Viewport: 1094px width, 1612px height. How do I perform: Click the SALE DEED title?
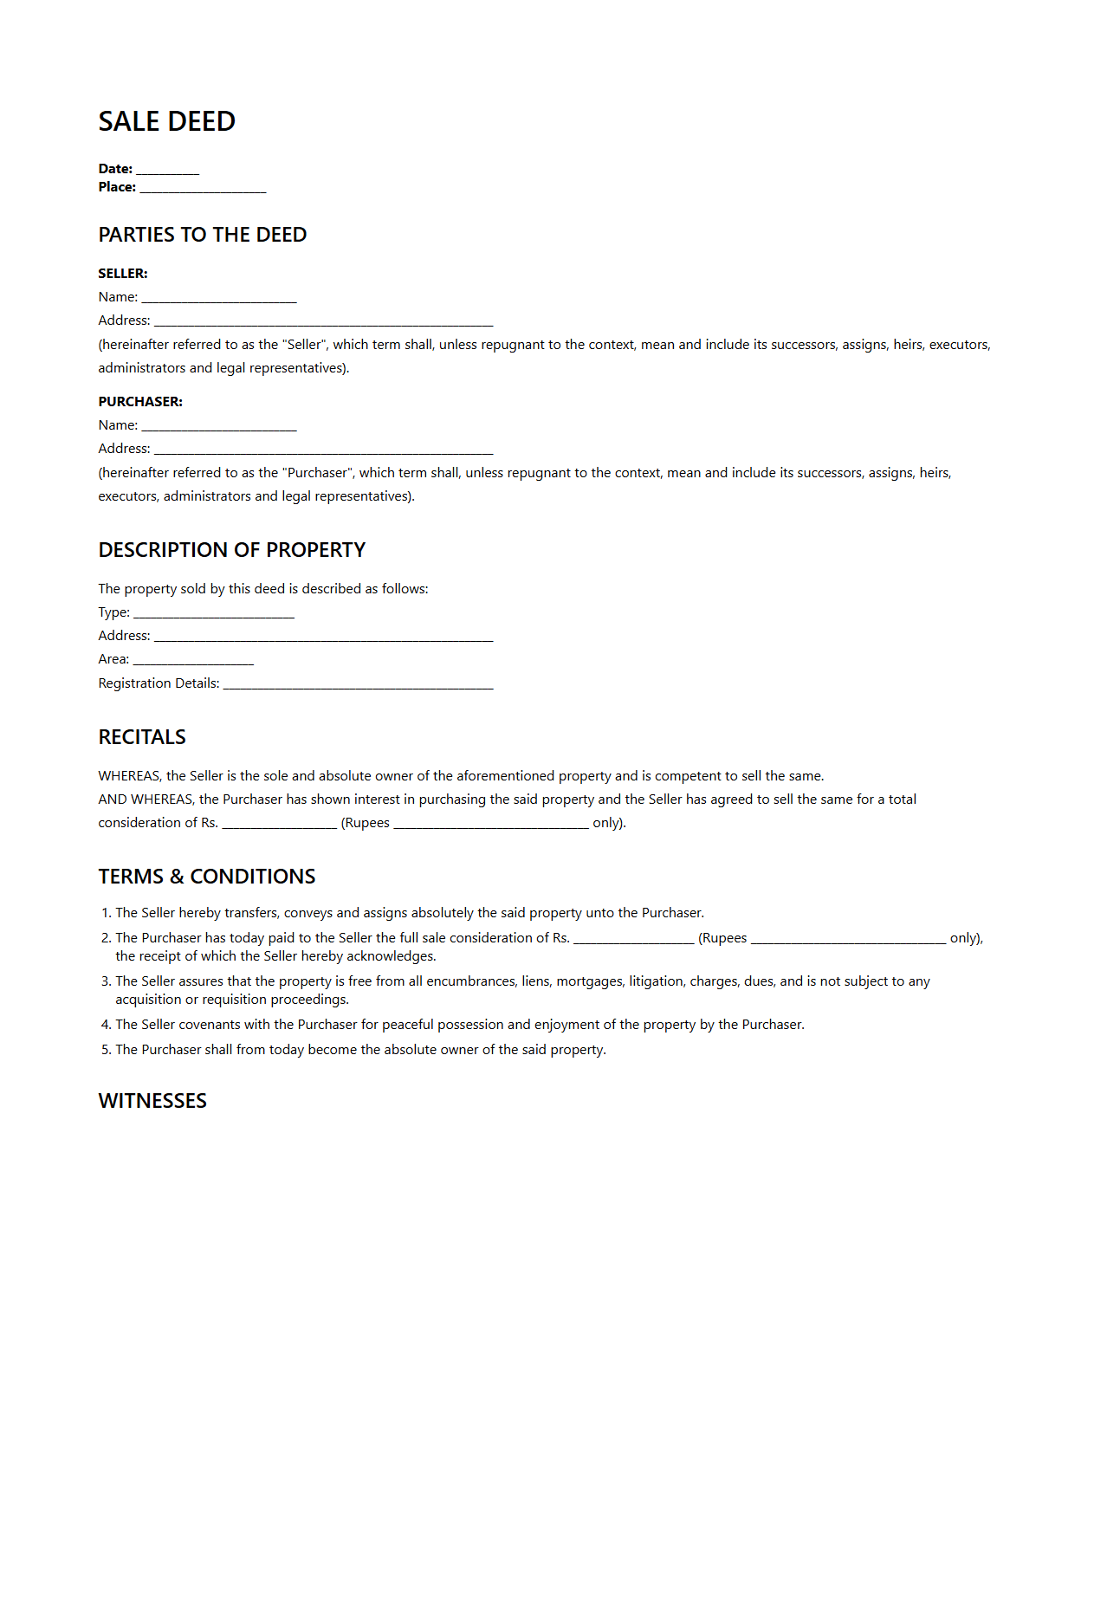pos(166,121)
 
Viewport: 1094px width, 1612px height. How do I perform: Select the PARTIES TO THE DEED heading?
pos(202,235)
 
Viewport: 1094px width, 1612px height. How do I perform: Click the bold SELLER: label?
pos(123,274)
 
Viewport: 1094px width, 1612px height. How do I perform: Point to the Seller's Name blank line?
pos(218,299)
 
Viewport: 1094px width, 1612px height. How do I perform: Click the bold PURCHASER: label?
pos(140,402)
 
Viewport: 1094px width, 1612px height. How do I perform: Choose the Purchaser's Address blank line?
pos(323,450)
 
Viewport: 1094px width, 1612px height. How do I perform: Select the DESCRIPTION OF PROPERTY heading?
pos(231,550)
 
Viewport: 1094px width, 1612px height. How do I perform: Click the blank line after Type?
pos(214,614)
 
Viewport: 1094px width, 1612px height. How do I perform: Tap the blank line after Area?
pos(193,661)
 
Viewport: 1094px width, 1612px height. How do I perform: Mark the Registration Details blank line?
pos(358,685)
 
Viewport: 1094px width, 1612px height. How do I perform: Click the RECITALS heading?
pos(142,737)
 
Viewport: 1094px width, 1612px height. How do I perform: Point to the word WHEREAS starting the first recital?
pos(129,776)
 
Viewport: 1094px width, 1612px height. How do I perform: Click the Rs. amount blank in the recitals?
pos(279,825)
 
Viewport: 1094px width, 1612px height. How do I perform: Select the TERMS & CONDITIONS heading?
pos(206,877)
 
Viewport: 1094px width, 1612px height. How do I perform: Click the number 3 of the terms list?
pos(106,981)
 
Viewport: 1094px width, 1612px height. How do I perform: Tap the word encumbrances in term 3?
pos(472,981)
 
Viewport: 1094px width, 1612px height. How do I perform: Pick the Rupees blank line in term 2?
pos(848,940)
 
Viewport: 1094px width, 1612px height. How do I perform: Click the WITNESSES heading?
pos(152,1101)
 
